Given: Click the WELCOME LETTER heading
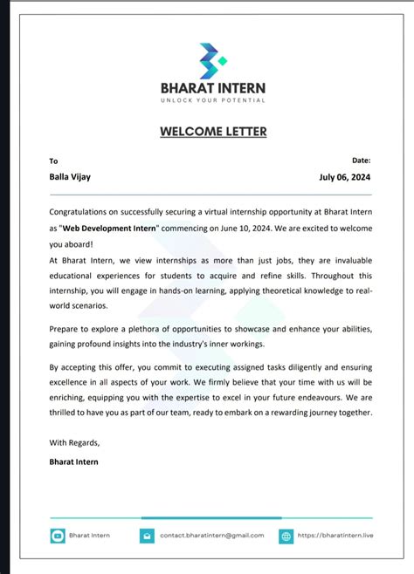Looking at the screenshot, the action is click(x=213, y=132).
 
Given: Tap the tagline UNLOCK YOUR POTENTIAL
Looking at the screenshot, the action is click(x=212, y=100).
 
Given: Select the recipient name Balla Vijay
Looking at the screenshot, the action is click(x=69, y=177).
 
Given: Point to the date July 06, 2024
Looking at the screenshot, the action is click(x=345, y=177).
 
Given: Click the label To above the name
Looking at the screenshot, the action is click(x=53, y=161).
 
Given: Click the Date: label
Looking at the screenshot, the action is click(x=361, y=161).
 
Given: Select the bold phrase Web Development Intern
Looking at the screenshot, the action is click(x=110, y=227).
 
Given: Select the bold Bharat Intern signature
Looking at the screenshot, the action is click(x=74, y=461).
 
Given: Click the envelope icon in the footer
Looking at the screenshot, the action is click(x=146, y=535).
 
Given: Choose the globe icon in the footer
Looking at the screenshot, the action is click(x=286, y=535).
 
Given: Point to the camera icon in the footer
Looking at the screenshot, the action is click(x=57, y=535).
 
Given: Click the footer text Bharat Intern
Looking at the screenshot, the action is click(x=89, y=535).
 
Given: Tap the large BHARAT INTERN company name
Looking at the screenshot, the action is click(x=212, y=87).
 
